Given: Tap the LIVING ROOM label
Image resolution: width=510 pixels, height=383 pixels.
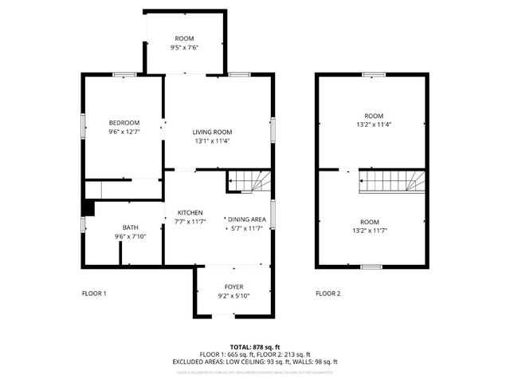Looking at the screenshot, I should click(x=212, y=132).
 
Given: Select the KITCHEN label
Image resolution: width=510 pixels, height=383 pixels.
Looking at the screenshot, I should click(x=190, y=212).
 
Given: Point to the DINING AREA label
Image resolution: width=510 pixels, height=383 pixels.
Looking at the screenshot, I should click(x=246, y=219).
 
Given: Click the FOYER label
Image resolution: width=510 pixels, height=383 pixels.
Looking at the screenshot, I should click(x=233, y=286).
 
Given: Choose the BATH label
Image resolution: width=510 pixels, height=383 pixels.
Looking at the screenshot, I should click(x=130, y=227).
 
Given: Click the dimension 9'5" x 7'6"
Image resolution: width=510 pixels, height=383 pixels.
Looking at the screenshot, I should click(x=184, y=48).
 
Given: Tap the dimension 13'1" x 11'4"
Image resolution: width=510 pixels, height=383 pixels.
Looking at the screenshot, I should click(x=212, y=141).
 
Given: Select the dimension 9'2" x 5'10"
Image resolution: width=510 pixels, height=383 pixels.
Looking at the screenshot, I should click(x=233, y=296).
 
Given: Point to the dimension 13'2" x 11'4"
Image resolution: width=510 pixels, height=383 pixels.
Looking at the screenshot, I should click(x=373, y=124).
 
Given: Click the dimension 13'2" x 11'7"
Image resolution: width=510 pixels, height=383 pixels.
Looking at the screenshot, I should click(x=368, y=231).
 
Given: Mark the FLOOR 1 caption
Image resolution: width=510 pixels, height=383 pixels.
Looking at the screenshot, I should click(x=94, y=294).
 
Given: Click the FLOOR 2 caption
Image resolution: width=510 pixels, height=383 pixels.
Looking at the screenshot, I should click(x=328, y=294).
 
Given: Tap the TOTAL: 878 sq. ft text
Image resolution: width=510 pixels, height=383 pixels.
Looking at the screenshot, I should click(x=255, y=347).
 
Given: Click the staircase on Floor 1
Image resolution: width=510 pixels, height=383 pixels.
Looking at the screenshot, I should click(x=249, y=182).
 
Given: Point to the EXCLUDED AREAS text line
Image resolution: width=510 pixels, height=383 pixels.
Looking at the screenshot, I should click(x=255, y=361).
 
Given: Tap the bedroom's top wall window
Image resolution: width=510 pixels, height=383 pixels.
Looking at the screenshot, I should click(x=124, y=74).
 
